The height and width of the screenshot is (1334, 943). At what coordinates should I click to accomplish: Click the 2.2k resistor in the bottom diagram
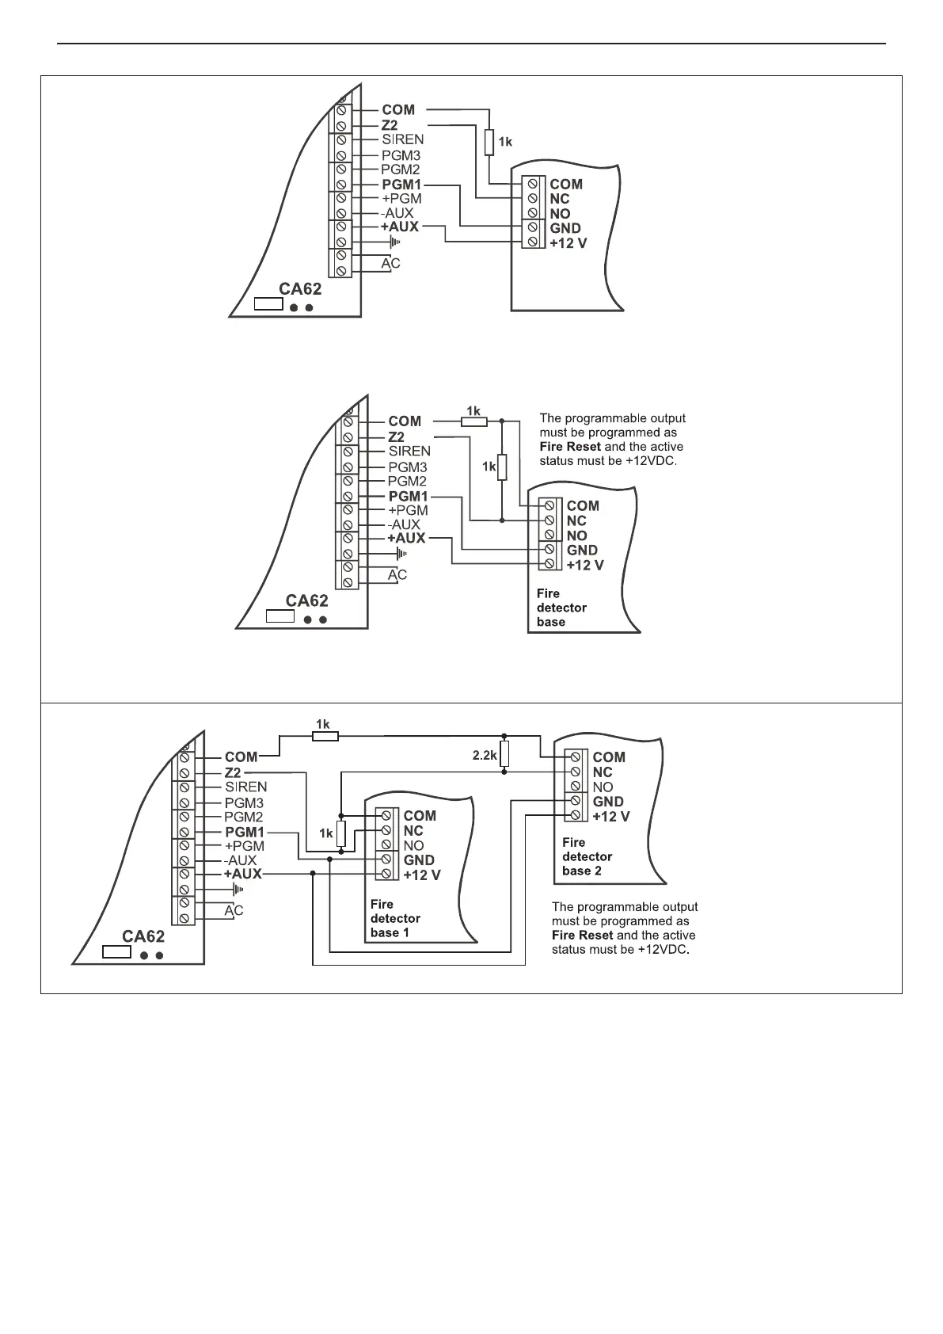[x=504, y=756]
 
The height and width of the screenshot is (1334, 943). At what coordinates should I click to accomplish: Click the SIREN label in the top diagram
[x=402, y=139]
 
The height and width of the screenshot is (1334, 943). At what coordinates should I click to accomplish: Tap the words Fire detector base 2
[x=587, y=856]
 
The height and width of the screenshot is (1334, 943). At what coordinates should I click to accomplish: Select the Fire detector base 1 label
[x=395, y=918]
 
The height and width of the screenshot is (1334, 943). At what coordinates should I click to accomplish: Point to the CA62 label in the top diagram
[x=299, y=289]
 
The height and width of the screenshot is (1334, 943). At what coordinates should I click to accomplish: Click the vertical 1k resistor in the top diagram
[x=489, y=142]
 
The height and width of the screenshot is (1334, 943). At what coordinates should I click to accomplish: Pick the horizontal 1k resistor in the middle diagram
[x=474, y=421]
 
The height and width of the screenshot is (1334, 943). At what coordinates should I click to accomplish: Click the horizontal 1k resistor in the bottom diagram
[x=325, y=736]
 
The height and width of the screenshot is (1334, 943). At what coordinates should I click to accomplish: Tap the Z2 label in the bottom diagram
[x=233, y=772]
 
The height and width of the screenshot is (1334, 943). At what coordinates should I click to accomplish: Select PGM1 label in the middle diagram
[x=409, y=496]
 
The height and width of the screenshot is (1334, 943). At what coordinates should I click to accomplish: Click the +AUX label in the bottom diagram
[x=241, y=874]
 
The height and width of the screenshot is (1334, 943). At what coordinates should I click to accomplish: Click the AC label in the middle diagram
[x=397, y=574]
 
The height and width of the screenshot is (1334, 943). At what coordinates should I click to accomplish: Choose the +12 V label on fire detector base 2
[x=611, y=816]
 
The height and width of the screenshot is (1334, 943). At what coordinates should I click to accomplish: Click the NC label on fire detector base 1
[x=413, y=830]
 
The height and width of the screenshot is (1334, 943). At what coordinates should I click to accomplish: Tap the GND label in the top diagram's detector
[x=565, y=228]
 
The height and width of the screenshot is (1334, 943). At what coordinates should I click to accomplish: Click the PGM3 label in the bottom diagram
[x=244, y=802]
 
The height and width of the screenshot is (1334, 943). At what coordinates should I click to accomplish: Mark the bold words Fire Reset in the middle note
[x=570, y=447]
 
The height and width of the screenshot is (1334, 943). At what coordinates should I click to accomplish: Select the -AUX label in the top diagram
[x=397, y=214]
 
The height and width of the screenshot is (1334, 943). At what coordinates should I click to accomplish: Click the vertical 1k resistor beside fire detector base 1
[x=340, y=833]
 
